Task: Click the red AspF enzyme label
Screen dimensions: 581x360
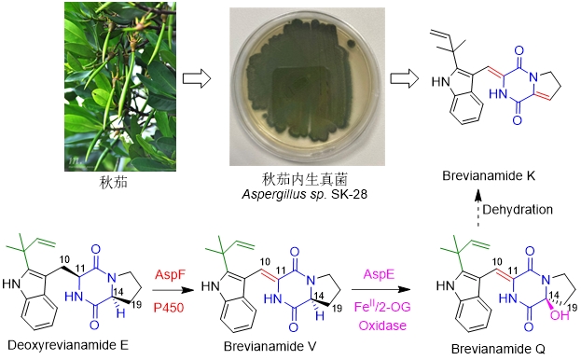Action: [170, 275]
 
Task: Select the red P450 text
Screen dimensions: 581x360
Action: [169, 308]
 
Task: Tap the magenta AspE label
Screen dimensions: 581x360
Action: [380, 274]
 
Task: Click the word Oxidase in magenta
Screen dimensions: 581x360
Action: [382, 325]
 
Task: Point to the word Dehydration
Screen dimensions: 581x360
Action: [518, 210]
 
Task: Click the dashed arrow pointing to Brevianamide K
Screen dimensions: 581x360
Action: [478, 207]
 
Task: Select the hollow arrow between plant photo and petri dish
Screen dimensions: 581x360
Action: [197, 78]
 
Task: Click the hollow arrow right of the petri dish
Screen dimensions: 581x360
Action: [405, 78]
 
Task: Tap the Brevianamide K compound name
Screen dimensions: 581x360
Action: [489, 175]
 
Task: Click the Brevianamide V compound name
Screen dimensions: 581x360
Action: [270, 346]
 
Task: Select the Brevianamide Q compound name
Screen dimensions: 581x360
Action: [498, 349]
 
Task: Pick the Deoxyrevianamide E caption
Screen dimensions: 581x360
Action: [68, 346]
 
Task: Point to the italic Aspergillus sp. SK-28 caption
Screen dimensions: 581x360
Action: [305, 194]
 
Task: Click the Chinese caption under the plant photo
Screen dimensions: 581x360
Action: [114, 182]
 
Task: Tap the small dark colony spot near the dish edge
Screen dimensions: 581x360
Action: [351, 45]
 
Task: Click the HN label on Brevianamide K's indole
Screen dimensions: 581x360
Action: [440, 82]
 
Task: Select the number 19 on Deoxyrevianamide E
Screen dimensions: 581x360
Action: [136, 304]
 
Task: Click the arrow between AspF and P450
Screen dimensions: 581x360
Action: [173, 291]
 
